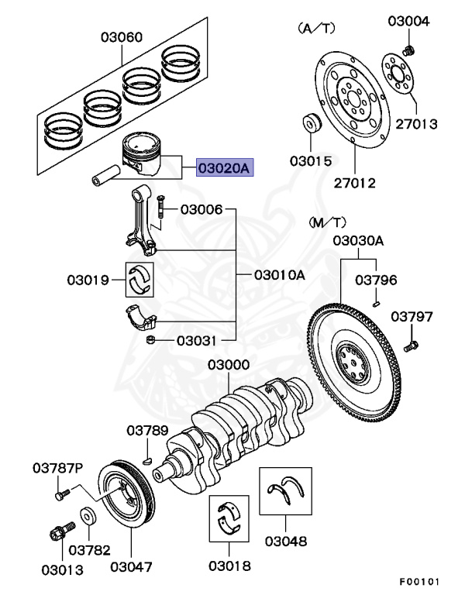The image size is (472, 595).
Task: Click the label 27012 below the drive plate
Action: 355,184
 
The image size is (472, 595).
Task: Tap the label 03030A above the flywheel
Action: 358,241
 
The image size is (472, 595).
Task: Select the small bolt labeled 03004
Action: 412,50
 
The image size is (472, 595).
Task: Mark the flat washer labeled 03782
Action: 88,515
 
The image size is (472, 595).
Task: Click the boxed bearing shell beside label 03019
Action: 140,279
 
